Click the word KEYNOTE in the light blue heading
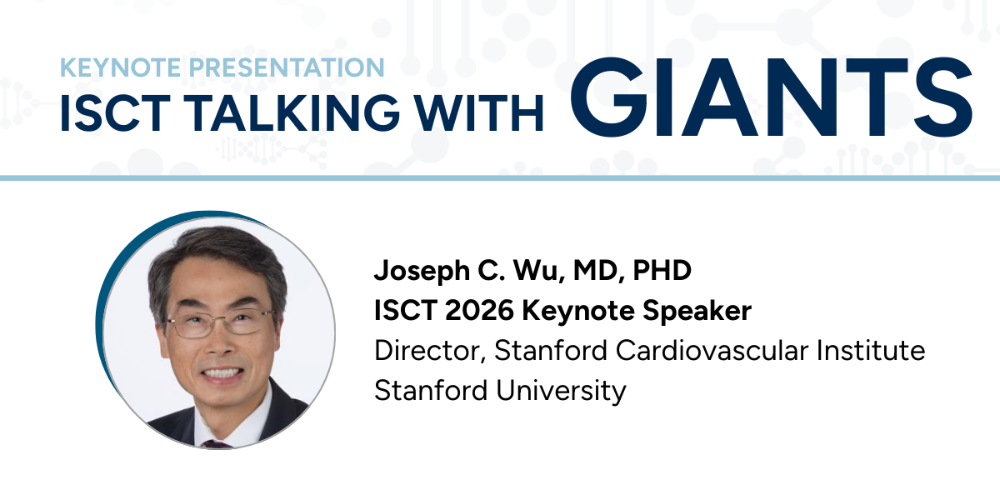[120, 67]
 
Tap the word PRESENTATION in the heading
[286, 67]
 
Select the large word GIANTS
[771, 97]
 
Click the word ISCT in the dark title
[115, 113]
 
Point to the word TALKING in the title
[292, 113]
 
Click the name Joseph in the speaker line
[422, 271]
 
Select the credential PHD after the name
[662, 270]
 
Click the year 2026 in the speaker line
[479, 310]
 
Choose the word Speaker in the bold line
[697, 311]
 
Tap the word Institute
[871, 350]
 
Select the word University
[561, 391]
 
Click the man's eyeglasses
[219, 323]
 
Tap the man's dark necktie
[217, 444]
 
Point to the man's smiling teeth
[222, 372]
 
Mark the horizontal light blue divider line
[500, 178]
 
